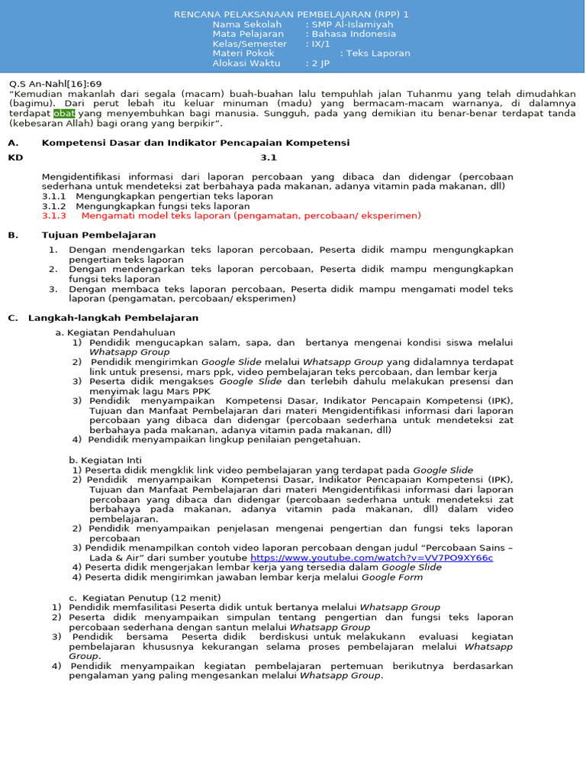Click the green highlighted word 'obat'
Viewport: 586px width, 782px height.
(x=65, y=113)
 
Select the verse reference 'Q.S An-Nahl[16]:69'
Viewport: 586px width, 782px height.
(x=55, y=83)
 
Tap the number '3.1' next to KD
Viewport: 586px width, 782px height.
(x=269, y=157)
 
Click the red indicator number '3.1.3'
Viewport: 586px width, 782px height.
(x=54, y=216)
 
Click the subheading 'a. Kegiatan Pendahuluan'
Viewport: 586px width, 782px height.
(x=115, y=333)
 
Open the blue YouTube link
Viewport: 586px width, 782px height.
(x=372, y=557)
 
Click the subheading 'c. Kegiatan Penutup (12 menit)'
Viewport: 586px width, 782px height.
(x=145, y=597)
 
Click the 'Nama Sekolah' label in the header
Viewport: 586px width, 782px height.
(x=242, y=24)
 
